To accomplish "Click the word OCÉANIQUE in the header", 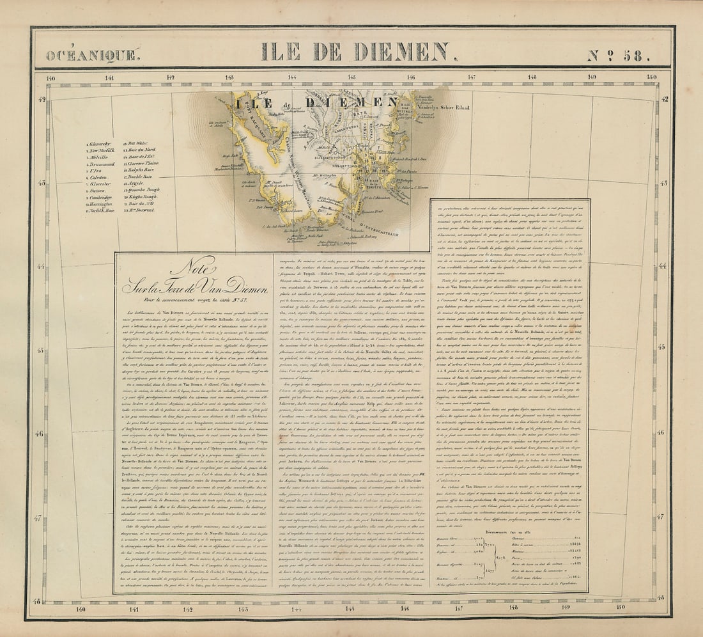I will [x=91, y=55].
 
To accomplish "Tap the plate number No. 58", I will [x=618, y=55].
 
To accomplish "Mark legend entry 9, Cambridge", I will [x=100, y=197].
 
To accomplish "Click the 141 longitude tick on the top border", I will [x=109, y=79].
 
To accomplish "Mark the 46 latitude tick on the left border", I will [x=42, y=434].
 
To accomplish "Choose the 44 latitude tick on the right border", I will [x=663, y=266].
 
